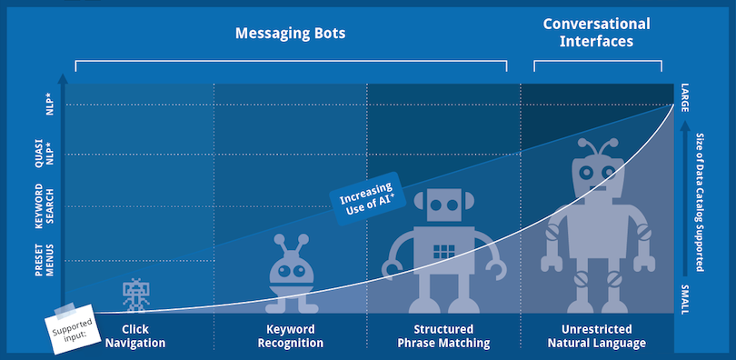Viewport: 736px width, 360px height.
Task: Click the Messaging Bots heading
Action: (290, 34)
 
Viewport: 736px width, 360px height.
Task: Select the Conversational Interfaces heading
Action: (596, 33)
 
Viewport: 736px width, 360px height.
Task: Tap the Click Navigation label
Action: (135, 336)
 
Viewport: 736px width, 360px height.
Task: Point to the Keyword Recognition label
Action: (290, 336)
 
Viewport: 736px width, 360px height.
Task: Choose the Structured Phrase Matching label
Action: (443, 336)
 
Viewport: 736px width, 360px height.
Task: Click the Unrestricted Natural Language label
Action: (597, 336)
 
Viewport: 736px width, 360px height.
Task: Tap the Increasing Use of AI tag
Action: (367, 198)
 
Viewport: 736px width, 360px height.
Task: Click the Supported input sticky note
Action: (74, 328)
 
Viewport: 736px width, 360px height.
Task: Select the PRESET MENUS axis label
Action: (45, 260)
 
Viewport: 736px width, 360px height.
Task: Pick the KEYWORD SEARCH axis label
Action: (45, 206)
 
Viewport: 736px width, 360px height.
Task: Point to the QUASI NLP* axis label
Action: (45, 154)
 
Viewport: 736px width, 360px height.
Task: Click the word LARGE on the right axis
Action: (684, 97)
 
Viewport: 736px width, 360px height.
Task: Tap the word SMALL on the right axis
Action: (684, 299)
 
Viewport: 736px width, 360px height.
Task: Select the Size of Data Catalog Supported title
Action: (700, 203)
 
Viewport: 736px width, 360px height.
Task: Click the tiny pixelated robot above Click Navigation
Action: (135, 295)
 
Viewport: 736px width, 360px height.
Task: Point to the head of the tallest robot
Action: (597, 174)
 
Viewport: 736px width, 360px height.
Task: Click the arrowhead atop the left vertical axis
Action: (63, 78)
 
